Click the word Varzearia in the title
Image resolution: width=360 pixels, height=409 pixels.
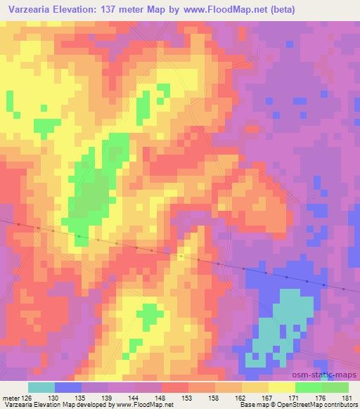[x=29, y=10]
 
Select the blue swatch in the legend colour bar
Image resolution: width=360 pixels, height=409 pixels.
[x=68, y=387]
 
